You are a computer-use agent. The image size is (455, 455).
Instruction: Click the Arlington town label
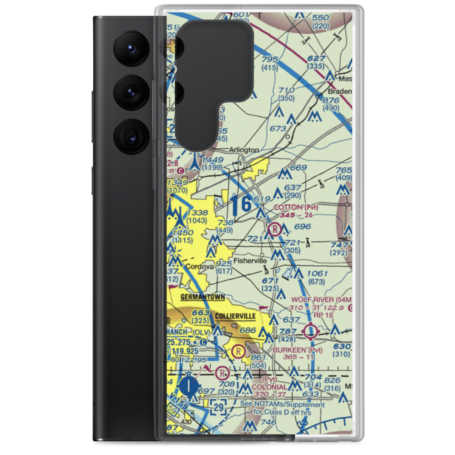(x=243, y=150)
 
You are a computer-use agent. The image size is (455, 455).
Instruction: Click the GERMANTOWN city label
(x=203, y=298)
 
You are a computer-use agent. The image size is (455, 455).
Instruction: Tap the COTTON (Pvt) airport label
(x=295, y=207)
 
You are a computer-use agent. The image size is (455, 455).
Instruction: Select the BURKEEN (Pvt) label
(x=298, y=350)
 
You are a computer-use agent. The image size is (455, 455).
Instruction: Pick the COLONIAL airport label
(x=270, y=387)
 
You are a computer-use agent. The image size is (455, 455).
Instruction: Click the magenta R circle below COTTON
(x=275, y=230)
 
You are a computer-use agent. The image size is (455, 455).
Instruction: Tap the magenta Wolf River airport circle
(x=311, y=331)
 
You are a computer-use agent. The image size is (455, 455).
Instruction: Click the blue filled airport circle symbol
(x=188, y=387)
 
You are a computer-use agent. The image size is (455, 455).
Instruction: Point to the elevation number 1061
(x=317, y=273)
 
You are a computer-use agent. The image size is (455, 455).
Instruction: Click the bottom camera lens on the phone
(x=131, y=136)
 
